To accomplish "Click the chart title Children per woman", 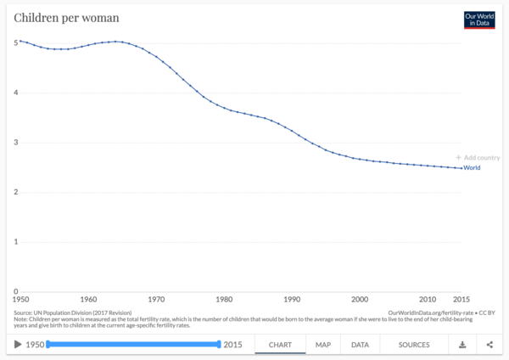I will tap(65, 17).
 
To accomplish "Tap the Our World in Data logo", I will tap(478, 20).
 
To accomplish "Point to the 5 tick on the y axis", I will tap(15, 43).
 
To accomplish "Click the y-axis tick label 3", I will tap(15, 143).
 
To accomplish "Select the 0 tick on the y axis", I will tap(15, 291).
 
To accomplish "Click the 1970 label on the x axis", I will tap(156, 300).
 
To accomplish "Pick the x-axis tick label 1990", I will tap(292, 300).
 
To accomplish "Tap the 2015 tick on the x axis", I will tap(461, 300).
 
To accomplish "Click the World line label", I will tap(473, 168).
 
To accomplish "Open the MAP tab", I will tap(323, 345).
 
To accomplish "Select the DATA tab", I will tap(360, 345).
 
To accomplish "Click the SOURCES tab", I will tap(414, 345).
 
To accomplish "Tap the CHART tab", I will tap(281, 345).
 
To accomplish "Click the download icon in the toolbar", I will tap(462, 345).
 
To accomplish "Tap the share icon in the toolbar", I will tap(489, 345).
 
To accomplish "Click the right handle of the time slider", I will tap(219, 344).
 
